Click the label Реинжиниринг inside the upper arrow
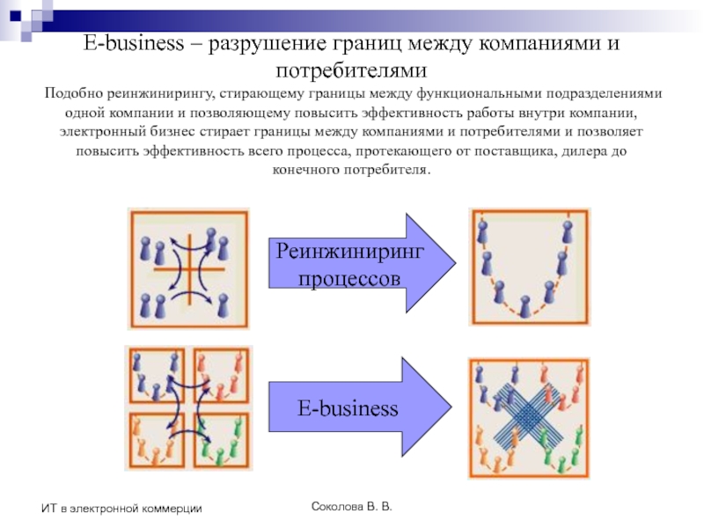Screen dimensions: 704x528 pyautogui.click(x=351, y=252)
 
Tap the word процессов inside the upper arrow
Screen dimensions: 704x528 pyautogui.click(x=351, y=278)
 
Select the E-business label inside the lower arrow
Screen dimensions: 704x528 pyautogui.click(x=348, y=408)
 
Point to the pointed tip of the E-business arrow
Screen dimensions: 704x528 pyautogui.click(x=453, y=407)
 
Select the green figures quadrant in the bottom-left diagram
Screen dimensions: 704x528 pyautogui.click(x=220, y=440)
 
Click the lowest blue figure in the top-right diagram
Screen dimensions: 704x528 pyautogui.click(x=525, y=306)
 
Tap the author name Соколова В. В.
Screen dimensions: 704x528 pyautogui.click(x=353, y=508)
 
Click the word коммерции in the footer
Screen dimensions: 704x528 pyautogui.click(x=172, y=509)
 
